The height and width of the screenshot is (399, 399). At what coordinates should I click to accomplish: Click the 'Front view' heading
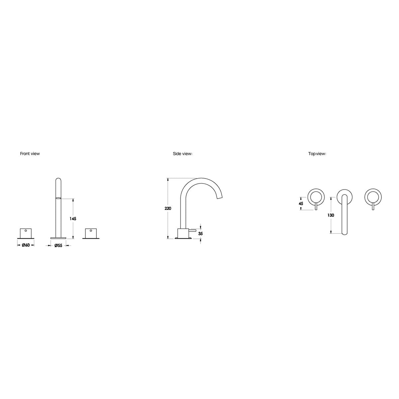click(x=30, y=154)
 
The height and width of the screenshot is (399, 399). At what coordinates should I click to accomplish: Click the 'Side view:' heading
click(x=183, y=154)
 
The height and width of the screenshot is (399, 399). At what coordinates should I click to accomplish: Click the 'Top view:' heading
click(x=317, y=154)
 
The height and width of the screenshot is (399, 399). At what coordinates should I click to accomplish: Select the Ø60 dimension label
click(x=26, y=245)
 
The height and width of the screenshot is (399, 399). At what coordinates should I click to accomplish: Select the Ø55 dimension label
click(x=58, y=246)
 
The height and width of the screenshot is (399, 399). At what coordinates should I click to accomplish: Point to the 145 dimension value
click(x=73, y=219)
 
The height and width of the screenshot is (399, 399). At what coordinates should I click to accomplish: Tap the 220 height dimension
click(x=168, y=208)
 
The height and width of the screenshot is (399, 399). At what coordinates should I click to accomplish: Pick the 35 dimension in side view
click(x=200, y=233)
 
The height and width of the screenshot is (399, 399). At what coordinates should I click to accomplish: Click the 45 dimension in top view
click(x=301, y=203)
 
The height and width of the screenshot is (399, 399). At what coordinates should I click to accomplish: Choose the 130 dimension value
click(x=331, y=215)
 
